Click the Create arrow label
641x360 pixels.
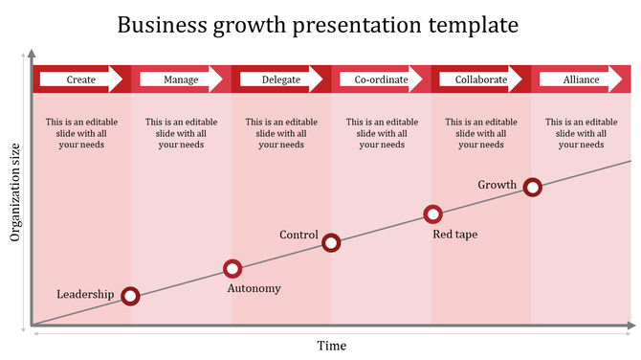coord(81,79)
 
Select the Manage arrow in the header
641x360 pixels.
coord(182,79)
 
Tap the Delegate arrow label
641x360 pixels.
coord(281,79)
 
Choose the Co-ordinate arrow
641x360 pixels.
coord(381,79)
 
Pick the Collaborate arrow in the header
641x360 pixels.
coord(481,79)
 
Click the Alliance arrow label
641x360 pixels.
coord(581,79)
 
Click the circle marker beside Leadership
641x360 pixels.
coord(131,297)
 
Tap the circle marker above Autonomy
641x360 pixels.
coord(232,269)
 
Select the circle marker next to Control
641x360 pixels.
coord(331,242)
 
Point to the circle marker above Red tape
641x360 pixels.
coord(432,214)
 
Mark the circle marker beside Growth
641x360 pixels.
coord(533,188)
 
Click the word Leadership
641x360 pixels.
coord(85,294)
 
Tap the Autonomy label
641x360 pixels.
coord(254,288)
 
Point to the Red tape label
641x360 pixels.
coord(455,234)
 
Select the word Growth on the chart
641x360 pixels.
coord(497,185)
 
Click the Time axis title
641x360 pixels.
coord(332,346)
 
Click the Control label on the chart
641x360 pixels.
coord(298,235)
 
